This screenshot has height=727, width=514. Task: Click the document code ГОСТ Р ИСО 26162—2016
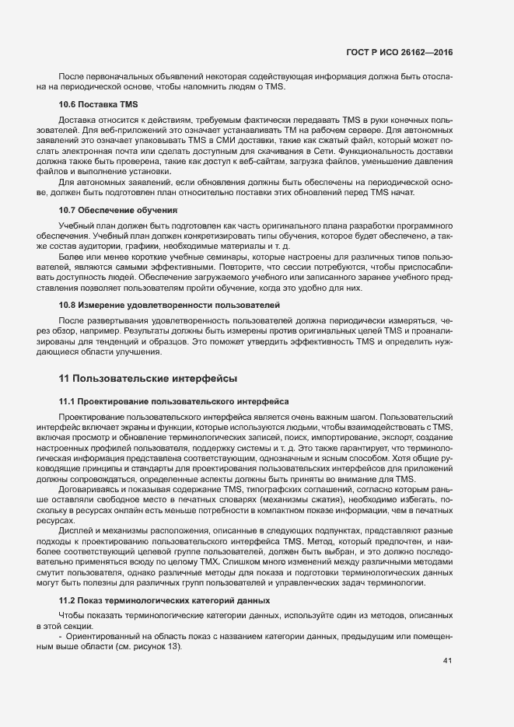(x=399, y=53)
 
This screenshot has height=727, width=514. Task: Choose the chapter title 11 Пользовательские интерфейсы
(x=148, y=378)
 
